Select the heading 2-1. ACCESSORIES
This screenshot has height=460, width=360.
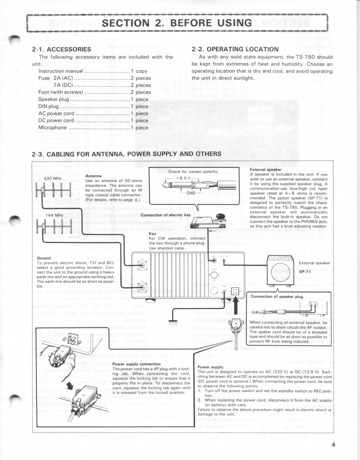(62, 49)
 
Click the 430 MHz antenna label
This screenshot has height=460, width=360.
(52, 178)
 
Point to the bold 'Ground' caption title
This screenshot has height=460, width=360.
(44, 258)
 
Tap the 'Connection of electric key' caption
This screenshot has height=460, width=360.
(165, 215)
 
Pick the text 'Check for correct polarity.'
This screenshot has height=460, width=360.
(194, 171)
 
